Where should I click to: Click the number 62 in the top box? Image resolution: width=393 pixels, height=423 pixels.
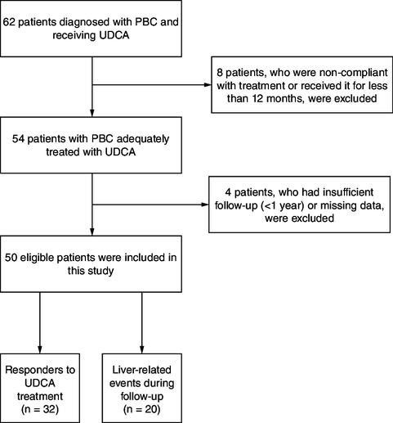click(x=9, y=22)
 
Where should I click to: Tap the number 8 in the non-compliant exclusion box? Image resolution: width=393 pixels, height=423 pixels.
click(x=220, y=73)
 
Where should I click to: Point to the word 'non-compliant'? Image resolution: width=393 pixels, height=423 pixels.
click(x=353, y=73)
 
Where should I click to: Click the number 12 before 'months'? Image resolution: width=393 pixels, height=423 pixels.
click(x=257, y=98)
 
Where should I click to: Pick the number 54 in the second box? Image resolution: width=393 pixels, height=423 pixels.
click(x=18, y=139)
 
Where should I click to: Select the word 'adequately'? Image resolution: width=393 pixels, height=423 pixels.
click(x=143, y=139)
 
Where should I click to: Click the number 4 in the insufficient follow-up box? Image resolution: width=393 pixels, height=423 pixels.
click(x=228, y=192)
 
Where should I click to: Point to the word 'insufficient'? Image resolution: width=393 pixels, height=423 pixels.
click(x=348, y=192)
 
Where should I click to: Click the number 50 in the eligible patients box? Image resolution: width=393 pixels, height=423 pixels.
click(x=11, y=258)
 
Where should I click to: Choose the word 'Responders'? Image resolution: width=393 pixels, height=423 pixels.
click(x=33, y=370)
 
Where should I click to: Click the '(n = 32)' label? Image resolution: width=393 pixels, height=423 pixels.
click(x=40, y=409)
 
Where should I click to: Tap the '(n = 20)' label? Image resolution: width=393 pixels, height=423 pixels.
click(x=142, y=409)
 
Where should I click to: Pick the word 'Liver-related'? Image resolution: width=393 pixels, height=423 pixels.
click(x=142, y=370)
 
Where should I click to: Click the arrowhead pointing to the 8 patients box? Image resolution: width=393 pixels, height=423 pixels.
click(x=208, y=85)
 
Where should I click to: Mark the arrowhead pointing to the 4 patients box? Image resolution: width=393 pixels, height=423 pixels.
click(x=205, y=205)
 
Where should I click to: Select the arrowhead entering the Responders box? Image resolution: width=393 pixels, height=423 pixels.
click(x=40, y=350)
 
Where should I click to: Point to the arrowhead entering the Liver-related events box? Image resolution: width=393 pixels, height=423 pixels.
click(x=142, y=350)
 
